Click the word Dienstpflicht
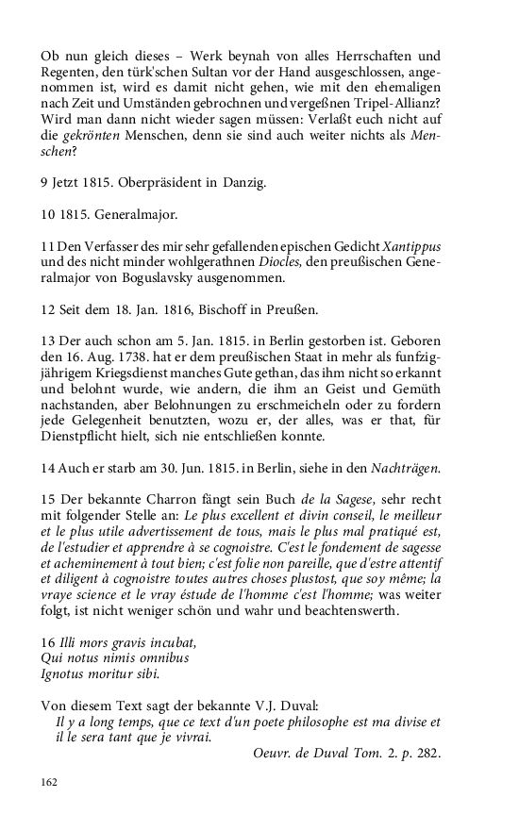pyautogui.click(x=86, y=437)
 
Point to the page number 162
pyautogui.click(x=50, y=782)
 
